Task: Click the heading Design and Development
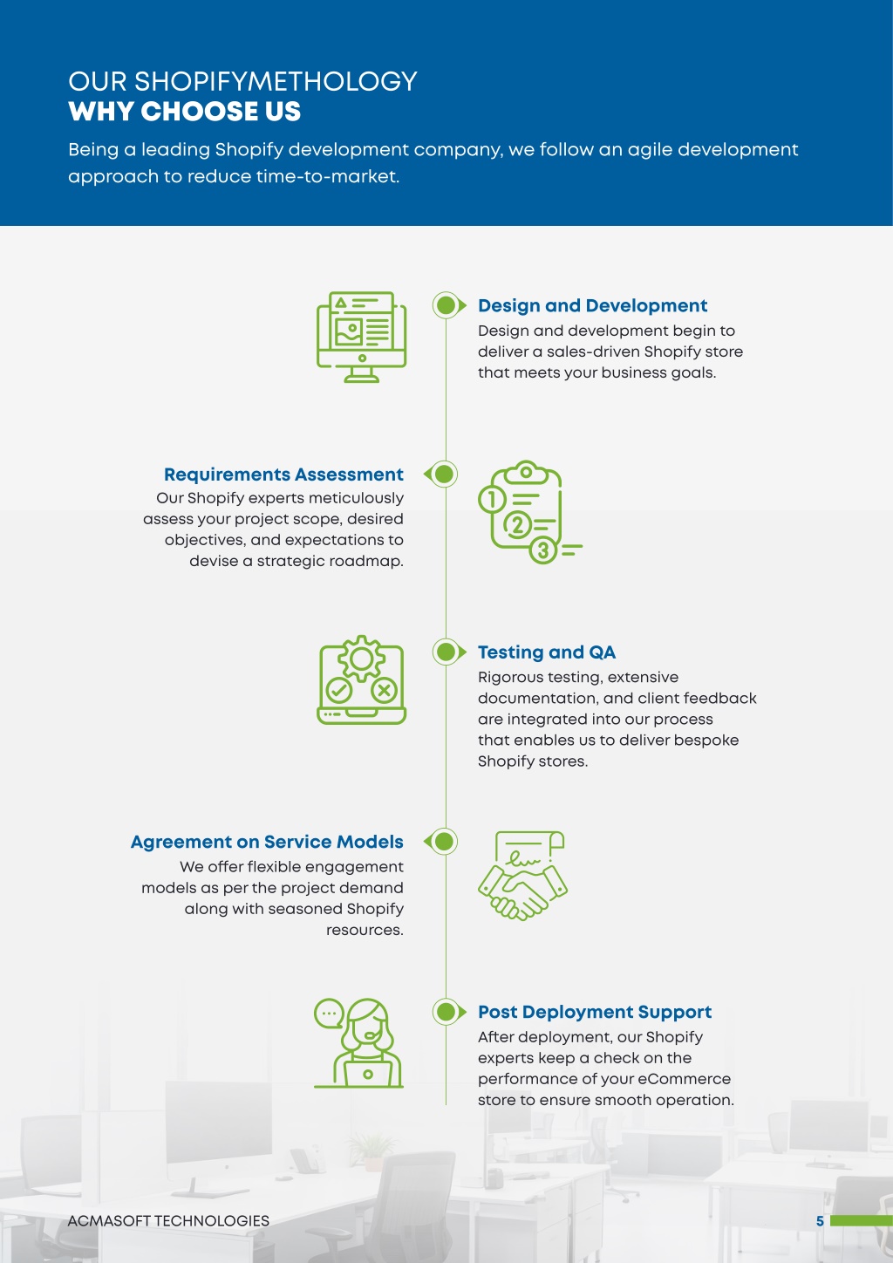[x=592, y=305]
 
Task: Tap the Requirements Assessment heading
[x=283, y=474]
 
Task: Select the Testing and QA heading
[x=546, y=652]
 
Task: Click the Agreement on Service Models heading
[x=267, y=842]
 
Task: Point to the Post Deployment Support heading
[x=595, y=1012]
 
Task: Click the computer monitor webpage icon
[x=361, y=338]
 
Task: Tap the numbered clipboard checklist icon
[x=530, y=512]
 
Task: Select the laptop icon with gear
[x=361, y=680]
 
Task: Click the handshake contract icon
[x=522, y=876]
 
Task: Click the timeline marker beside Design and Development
[x=449, y=305]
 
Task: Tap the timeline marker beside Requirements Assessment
[x=441, y=474]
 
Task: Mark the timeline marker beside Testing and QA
[x=449, y=652]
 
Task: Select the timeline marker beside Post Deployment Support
[x=449, y=1012]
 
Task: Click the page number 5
[x=820, y=1221]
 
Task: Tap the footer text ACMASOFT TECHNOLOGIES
[x=168, y=1221]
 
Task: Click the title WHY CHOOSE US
[x=184, y=111]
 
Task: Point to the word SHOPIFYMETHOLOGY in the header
[x=276, y=82]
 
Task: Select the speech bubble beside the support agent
[x=329, y=1014]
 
